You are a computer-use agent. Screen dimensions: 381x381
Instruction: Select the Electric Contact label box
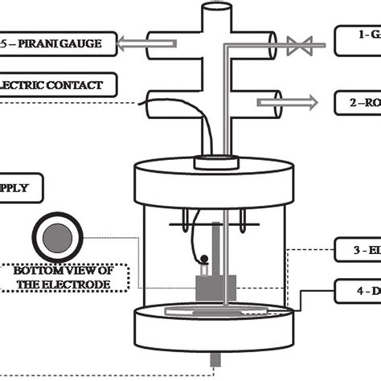[57, 83]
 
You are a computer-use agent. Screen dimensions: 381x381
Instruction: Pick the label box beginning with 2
[357, 102]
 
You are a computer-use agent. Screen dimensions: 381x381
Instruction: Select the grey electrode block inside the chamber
[215, 285]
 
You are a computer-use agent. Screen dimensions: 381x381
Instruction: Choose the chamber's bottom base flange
[216, 334]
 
